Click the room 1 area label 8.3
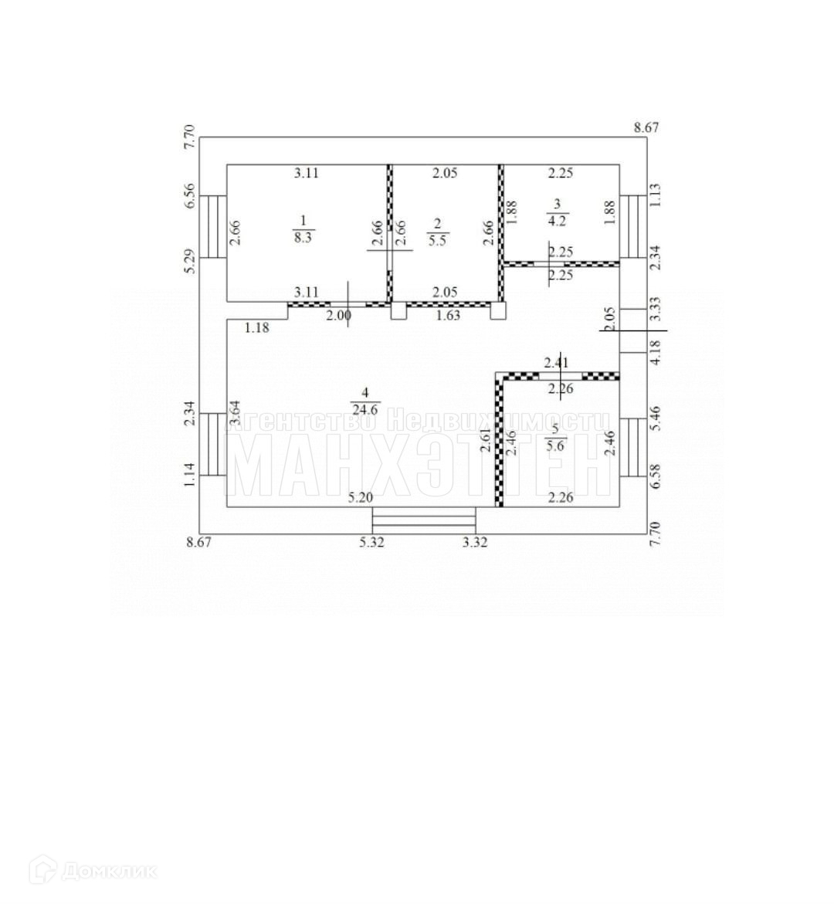[303, 237]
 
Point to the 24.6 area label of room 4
[364, 410]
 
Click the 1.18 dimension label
[256, 328]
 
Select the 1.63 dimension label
[449, 315]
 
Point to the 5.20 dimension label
[361, 498]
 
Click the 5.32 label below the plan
[371, 543]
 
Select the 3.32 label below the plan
[475, 543]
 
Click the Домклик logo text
[108, 872]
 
